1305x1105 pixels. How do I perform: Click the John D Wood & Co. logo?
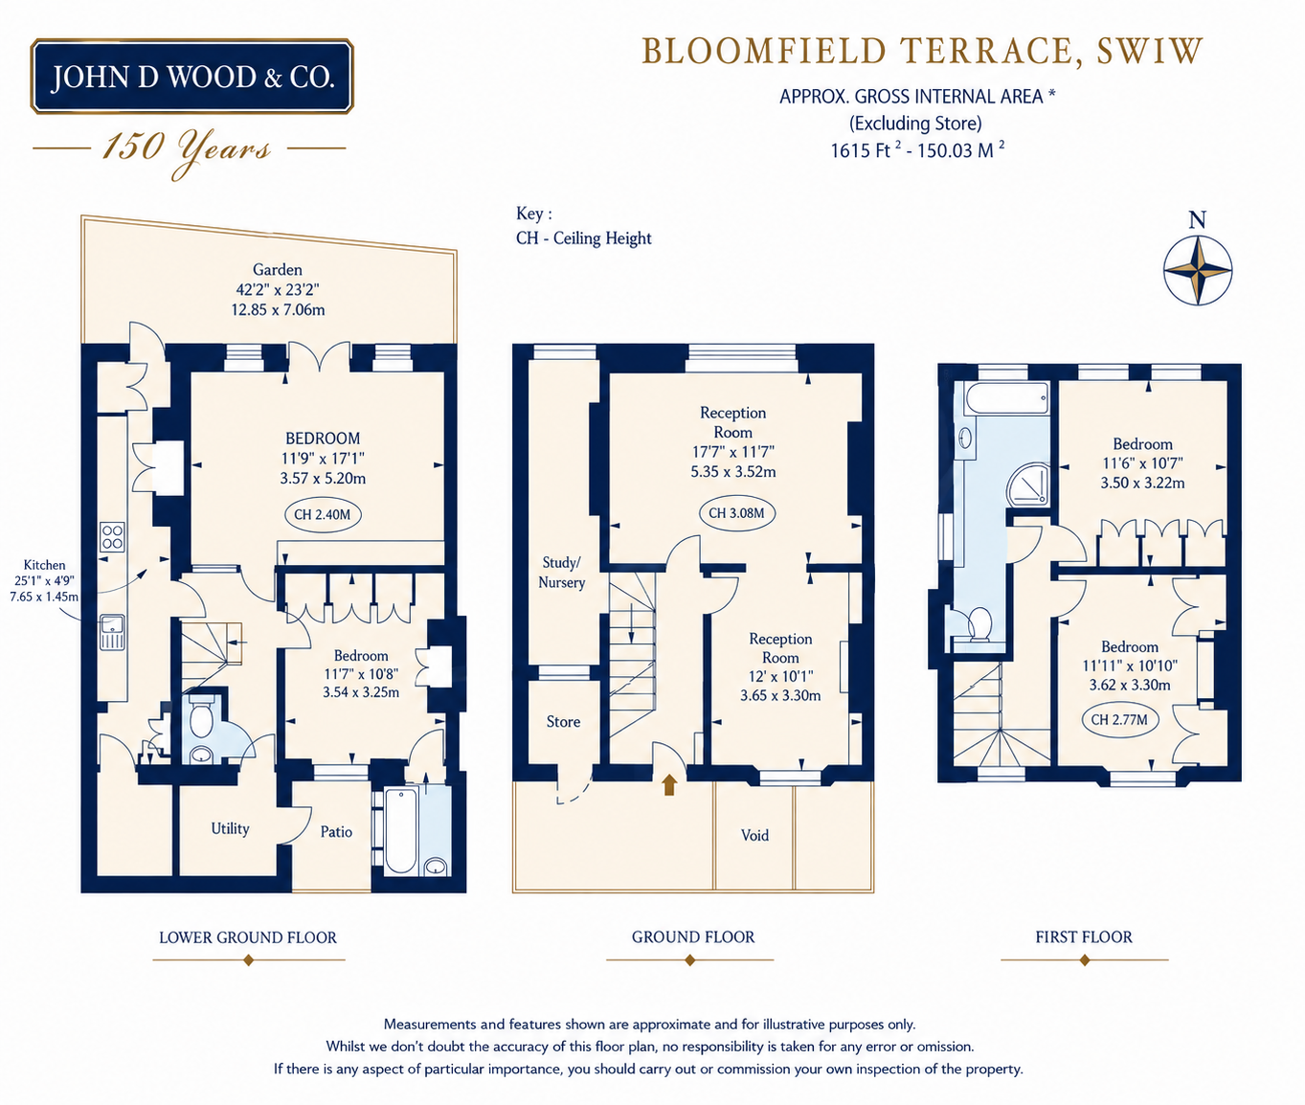click(191, 77)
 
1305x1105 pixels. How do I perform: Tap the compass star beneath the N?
click(1197, 270)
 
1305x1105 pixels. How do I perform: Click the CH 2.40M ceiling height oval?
click(322, 514)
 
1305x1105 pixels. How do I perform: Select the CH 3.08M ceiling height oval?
click(736, 512)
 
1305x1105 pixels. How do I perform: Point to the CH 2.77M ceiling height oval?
click(1119, 719)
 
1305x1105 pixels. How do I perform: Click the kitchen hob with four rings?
click(112, 537)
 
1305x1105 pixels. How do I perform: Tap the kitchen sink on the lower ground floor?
click(112, 632)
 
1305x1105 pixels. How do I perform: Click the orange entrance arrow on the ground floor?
click(669, 785)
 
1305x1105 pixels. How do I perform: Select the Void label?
click(754, 835)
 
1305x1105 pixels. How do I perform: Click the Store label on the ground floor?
click(563, 722)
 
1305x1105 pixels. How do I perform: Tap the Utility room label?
click(230, 828)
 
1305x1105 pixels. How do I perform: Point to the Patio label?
click(336, 831)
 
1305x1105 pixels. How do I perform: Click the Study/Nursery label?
click(561, 572)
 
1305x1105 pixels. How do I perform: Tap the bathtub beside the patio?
click(401, 830)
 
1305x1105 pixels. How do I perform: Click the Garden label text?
click(277, 270)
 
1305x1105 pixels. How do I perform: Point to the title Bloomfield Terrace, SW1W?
click(922, 52)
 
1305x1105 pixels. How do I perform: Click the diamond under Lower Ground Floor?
click(249, 960)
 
